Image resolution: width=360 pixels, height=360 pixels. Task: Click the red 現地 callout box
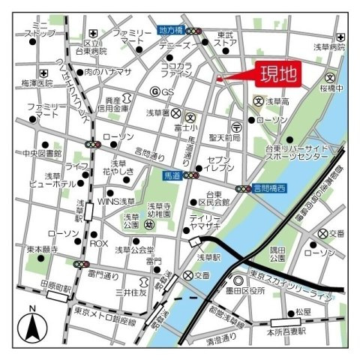[278, 73]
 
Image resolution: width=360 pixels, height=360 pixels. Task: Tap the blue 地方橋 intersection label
[172, 31]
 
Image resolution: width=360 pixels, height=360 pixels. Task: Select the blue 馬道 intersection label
[172, 175]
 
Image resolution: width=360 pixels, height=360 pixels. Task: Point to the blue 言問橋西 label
[269, 190]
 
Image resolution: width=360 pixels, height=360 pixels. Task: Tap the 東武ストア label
[226, 38]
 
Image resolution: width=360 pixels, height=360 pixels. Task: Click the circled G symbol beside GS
[154, 91]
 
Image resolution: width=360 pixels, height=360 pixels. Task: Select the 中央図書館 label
[41, 154]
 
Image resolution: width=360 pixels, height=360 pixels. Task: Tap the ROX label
[99, 244]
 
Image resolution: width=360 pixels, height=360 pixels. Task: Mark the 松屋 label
[303, 310]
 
